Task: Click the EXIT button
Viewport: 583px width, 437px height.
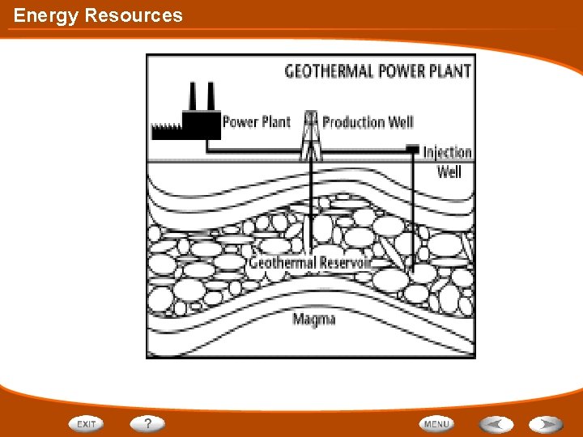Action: pyautogui.click(x=86, y=423)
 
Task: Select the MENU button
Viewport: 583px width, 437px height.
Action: pyautogui.click(x=436, y=423)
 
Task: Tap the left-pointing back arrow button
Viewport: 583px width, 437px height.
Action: pyautogui.click(x=496, y=423)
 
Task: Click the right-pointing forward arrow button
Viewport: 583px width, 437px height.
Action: pyautogui.click(x=547, y=423)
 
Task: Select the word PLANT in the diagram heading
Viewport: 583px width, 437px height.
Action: pyautogui.click(x=449, y=71)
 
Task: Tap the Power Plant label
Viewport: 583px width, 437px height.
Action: pyautogui.click(x=256, y=122)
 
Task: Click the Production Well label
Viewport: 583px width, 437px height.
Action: pyautogui.click(x=368, y=122)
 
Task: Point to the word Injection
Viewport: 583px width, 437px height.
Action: pyautogui.click(x=447, y=152)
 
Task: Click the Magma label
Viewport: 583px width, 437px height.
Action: pyautogui.click(x=314, y=319)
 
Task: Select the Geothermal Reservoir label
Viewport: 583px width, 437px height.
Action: pyautogui.click(x=310, y=263)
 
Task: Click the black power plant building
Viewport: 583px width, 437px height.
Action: pyautogui.click(x=201, y=125)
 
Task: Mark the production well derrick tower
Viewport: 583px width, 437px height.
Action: pyautogui.click(x=311, y=136)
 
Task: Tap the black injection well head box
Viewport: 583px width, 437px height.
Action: pyautogui.click(x=413, y=149)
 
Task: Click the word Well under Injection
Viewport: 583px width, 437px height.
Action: pyautogui.click(x=449, y=172)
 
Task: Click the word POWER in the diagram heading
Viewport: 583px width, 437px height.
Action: pyautogui.click(x=397, y=71)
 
